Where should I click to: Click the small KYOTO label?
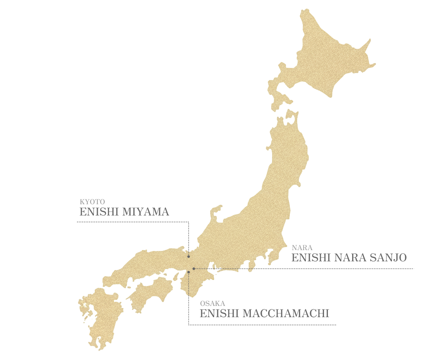[x=92, y=202]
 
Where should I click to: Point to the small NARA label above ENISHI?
[x=302, y=248]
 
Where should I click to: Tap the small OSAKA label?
[x=212, y=304]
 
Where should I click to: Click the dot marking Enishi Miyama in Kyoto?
[x=189, y=257]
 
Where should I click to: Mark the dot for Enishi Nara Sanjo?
[x=194, y=269]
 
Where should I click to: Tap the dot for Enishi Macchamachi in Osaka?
[x=189, y=272]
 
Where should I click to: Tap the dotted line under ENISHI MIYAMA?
[x=130, y=222]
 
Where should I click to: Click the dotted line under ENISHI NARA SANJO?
[x=346, y=269]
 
